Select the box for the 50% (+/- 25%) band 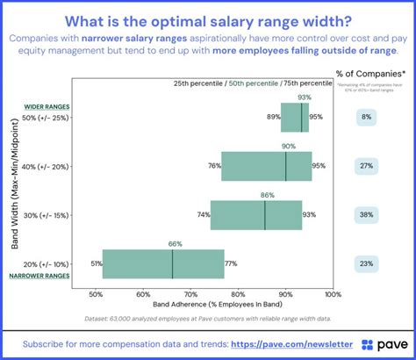point(296,117)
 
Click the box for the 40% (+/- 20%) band point(266,166)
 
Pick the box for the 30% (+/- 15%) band point(255,215)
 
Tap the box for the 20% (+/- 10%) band point(163,263)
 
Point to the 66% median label point(175,243)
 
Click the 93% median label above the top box point(305,97)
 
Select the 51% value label point(93,263)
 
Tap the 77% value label point(231,263)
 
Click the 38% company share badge point(366,215)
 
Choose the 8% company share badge point(366,117)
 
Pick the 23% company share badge point(366,263)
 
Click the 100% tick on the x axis point(333,294)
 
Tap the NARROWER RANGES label point(39,276)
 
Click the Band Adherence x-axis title point(214,305)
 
